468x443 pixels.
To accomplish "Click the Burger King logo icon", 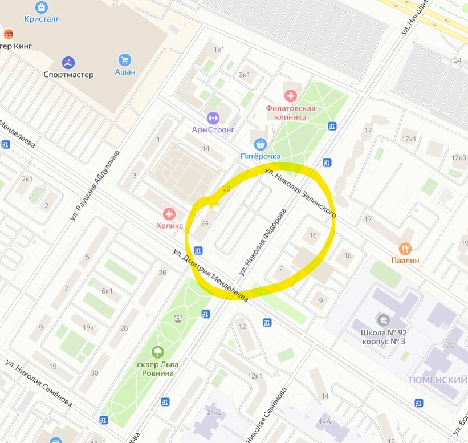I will [8, 34].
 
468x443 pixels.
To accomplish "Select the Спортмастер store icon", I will [68, 62].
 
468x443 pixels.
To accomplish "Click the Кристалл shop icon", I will [42, 7].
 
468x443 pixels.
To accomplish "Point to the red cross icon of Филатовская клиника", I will [291, 95].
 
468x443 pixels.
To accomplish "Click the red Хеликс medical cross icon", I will [169, 214].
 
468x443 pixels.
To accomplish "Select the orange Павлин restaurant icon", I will [405, 249].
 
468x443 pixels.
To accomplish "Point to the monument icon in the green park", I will [178, 318].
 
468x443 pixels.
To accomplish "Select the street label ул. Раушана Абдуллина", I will [96, 186].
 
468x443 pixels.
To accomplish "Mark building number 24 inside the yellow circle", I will [205, 223].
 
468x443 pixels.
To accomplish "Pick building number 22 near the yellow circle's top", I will [227, 188].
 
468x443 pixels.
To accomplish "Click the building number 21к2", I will [214, 413].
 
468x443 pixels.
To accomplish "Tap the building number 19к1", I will [90, 327].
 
